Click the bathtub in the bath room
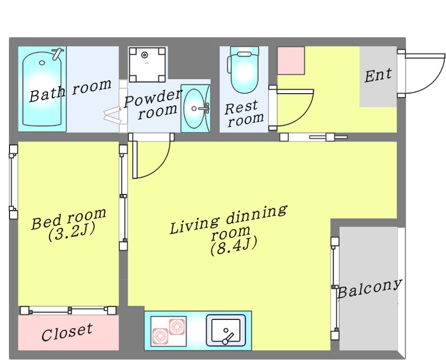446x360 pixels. [x=42, y=89]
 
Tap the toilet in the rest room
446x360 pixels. [x=244, y=70]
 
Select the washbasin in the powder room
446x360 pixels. [x=196, y=108]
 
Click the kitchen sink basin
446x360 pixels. [x=226, y=330]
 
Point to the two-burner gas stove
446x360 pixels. [x=168, y=331]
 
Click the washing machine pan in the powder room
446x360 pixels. [x=147, y=65]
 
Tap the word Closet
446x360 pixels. [x=67, y=332]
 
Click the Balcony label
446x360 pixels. [x=370, y=288]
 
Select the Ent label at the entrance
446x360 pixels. [x=378, y=75]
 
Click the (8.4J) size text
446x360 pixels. [x=234, y=246]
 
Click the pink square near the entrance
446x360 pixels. [x=291, y=61]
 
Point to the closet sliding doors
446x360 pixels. [x=68, y=310]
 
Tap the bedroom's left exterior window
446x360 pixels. [x=13, y=182]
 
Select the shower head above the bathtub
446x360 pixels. [x=57, y=53]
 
